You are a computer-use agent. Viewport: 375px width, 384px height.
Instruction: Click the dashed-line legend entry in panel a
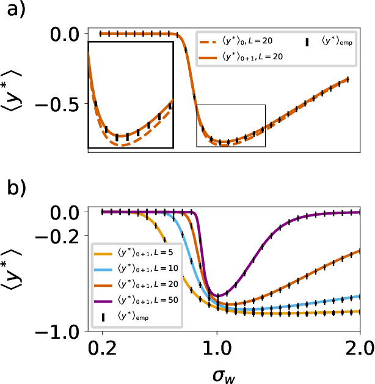(x=236, y=40)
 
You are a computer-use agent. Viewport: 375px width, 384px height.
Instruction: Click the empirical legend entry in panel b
(x=122, y=316)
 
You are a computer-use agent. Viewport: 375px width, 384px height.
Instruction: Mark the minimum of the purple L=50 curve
(x=217, y=296)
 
